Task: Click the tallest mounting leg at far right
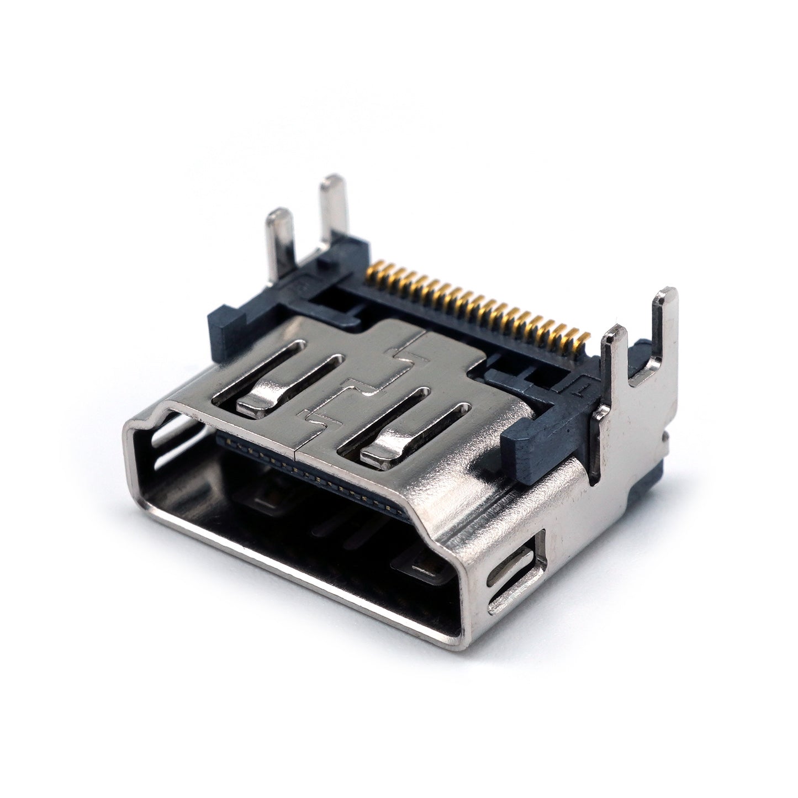(664, 326)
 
